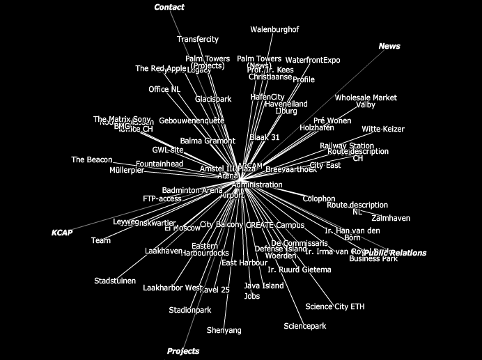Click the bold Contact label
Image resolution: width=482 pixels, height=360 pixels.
pyautogui.click(x=169, y=8)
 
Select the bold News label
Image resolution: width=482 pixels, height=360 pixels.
pyautogui.click(x=389, y=47)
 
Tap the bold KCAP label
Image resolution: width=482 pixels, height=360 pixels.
pyautogui.click(x=62, y=232)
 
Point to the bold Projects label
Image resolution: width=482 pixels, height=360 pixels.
pyautogui.click(x=183, y=352)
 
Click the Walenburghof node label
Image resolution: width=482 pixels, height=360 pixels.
pyautogui.click(x=274, y=30)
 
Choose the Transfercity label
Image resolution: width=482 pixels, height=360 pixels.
pyautogui.click(x=197, y=40)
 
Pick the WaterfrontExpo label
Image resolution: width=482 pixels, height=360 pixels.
pyautogui.click(x=313, y=61)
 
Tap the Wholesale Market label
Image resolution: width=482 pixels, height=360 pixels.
pyautogui.click(x=366, y=98)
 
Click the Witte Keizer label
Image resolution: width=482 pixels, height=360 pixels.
pyautogui.click(x=382, y=130)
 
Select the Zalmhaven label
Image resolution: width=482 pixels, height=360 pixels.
pyautogui.click(x=391, y=219)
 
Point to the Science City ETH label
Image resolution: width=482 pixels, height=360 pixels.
pyautogui.click(x=334, y=307)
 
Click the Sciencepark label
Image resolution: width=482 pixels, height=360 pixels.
pyautogui.click(x=305, y=327)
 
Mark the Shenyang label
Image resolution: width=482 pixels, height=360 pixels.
pyautogui.click(x=224, y=331)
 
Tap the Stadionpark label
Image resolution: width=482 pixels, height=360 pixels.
pyautogui.click(x=190, y=311)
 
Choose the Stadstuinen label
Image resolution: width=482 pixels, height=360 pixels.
pyautogui.click(x=115, y=281)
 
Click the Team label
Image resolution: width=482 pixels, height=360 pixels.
pyautogui.click(x=101, y=241)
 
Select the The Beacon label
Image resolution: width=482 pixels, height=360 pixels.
pyautogui.click(x=91, y=160)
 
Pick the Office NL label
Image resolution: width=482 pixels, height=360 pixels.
pyautogui.click(x=164, y=90)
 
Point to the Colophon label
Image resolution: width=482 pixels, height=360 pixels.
pyautogui.click(x=319, y=199)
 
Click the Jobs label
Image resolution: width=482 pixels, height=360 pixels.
pyautogui.click(x=252, y=297)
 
